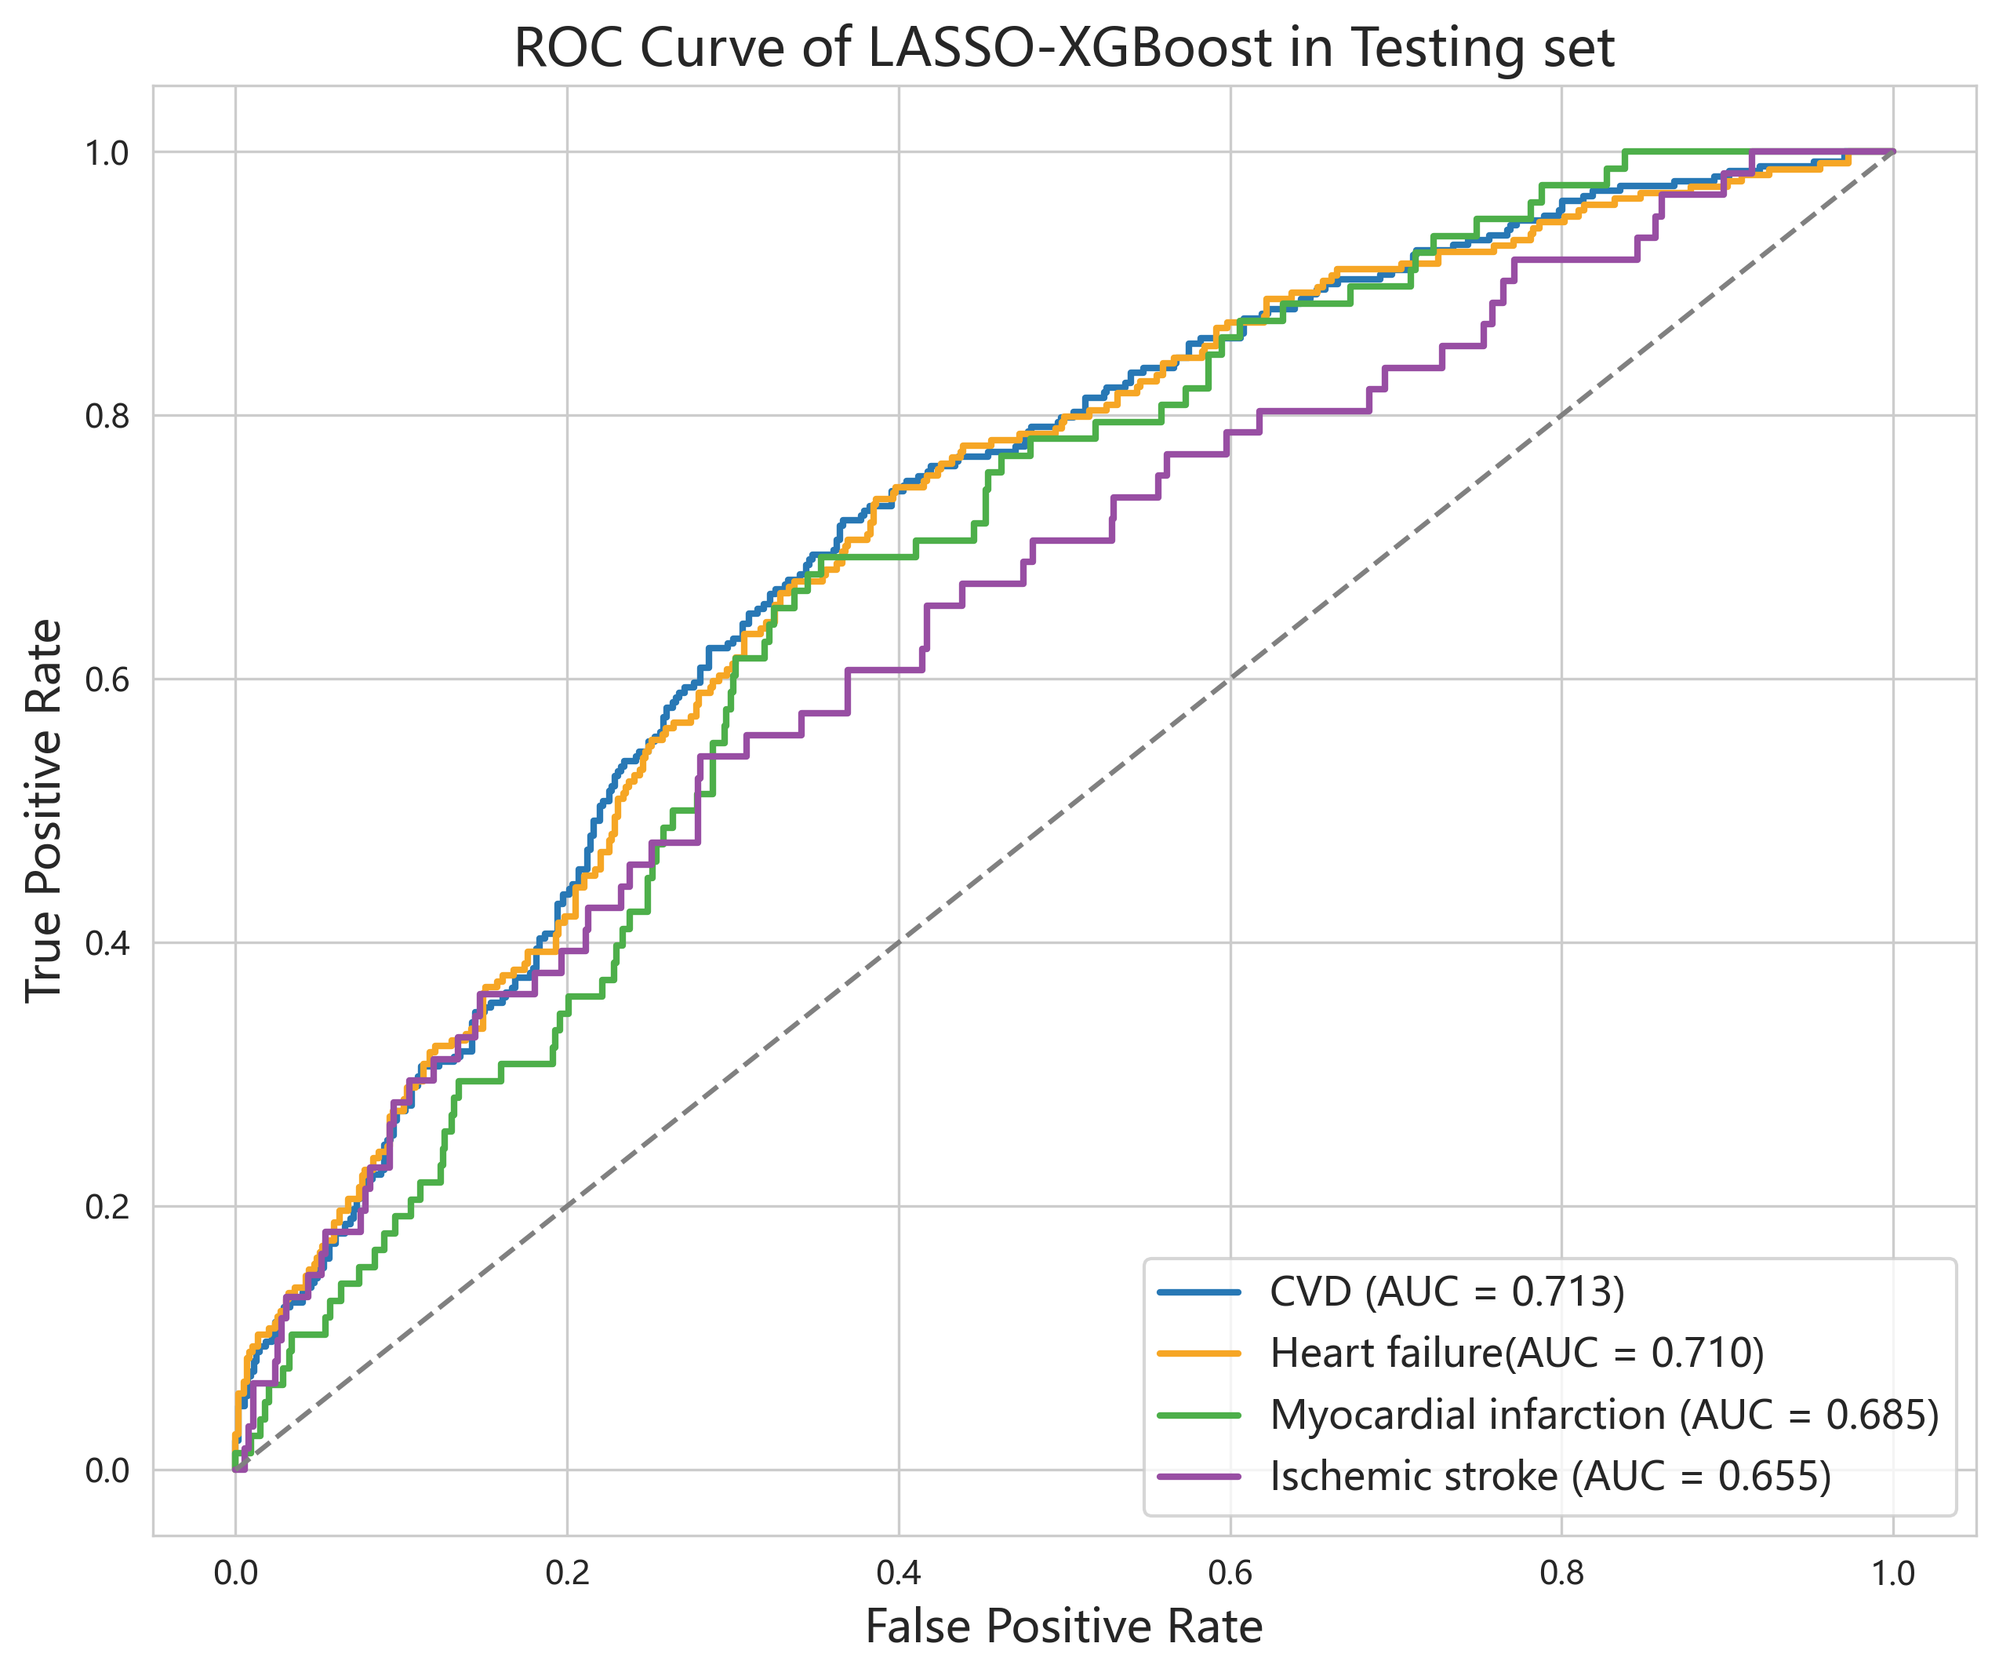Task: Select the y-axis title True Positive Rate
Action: (44, 811)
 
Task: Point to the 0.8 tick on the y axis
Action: (107, 416)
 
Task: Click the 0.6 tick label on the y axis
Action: (107, 680)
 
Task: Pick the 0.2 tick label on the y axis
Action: (107, 1207)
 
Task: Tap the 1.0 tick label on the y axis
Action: (107, 152)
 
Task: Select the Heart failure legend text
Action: (1385, 1352)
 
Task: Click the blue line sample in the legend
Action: (1198, 1292)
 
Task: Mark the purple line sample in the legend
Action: (1198, 1476)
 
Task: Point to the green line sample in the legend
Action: (1198, 1415)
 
